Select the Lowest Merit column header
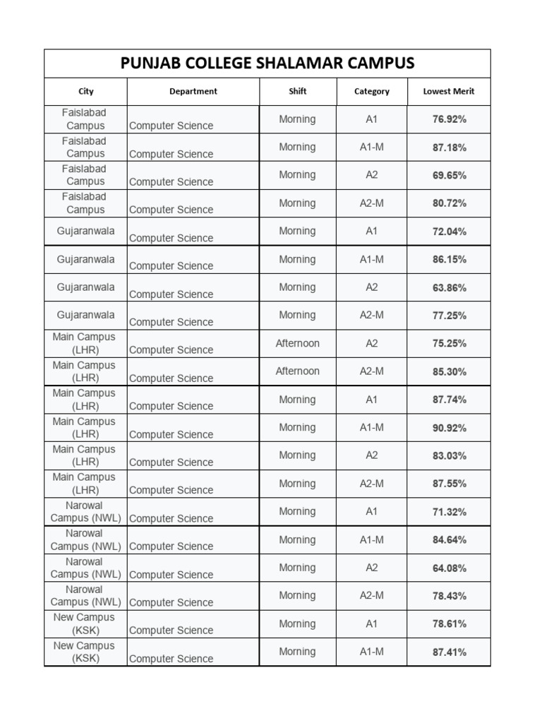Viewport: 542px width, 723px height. [449, 91]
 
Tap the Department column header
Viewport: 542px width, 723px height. [193, 91]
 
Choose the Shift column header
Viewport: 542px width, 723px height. [298, 91]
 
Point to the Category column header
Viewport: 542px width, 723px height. [372, 91]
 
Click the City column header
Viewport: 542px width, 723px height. [85, 91]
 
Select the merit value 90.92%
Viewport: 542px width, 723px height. [449, 428]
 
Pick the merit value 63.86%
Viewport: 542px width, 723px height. [449, 287]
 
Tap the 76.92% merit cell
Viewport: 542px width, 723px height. [449, 119]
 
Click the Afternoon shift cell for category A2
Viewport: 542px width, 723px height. [297, 343]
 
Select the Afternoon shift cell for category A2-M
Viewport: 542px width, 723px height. [297, 371]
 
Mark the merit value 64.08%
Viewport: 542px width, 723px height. [449, 568]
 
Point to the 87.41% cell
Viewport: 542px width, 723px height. [449, 652]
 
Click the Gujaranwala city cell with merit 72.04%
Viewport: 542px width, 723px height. [85, 232]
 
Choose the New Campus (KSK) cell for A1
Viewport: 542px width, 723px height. [85, 623]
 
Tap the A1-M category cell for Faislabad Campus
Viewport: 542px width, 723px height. [372, 148]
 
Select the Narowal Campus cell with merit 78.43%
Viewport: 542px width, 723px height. [85, 596]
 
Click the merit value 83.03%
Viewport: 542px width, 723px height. [449, 455]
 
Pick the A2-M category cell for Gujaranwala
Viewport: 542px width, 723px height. [372, 316]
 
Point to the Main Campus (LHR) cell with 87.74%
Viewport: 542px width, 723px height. [85, 400]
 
